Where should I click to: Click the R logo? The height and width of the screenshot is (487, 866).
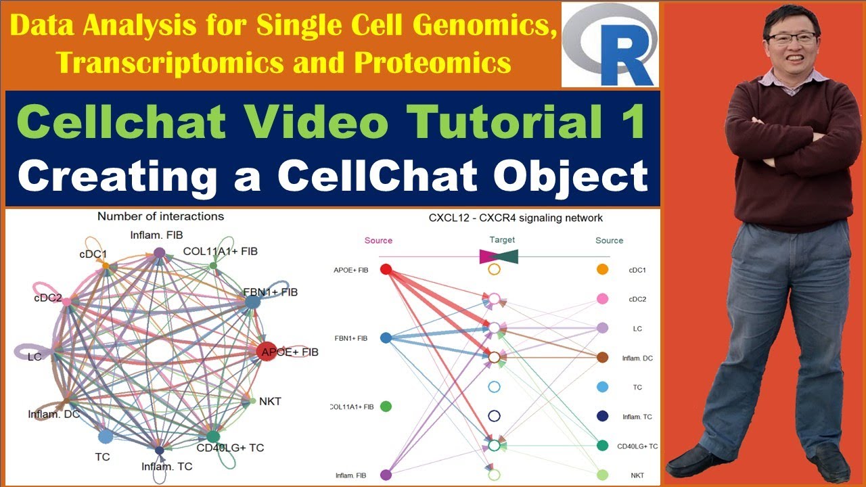click(610, 45)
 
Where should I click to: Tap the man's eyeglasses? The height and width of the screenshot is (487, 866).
click(792, 38)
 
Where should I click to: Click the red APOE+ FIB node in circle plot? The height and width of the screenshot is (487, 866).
click(267, 351)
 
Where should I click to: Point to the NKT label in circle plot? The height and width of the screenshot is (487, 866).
click(270, 401)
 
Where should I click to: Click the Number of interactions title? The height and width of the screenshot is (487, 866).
click(160, 216)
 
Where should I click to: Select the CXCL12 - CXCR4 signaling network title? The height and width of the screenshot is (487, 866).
click(516, 218)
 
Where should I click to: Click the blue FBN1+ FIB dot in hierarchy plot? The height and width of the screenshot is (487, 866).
click(386, 338)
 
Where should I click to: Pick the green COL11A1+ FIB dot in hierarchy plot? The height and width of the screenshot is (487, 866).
click(386, 407)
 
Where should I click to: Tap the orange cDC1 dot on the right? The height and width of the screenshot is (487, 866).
click(602, 270)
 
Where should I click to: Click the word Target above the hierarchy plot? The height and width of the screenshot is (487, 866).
click(501, 240)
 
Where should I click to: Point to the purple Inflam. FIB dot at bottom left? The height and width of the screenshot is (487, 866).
click(386, 475)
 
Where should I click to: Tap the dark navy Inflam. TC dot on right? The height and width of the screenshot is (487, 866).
click(602, 416)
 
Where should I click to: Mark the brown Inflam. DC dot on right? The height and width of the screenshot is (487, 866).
click(602, 357)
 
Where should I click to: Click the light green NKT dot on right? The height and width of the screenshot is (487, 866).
click(602, 475)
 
